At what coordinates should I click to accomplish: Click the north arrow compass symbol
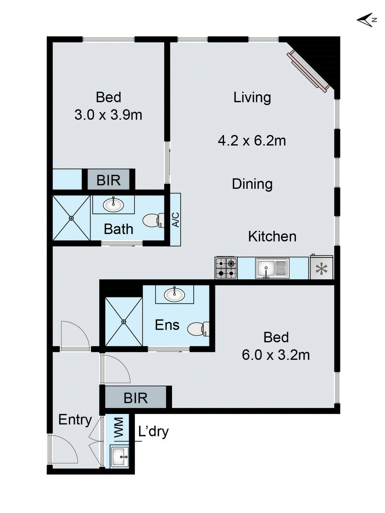367,20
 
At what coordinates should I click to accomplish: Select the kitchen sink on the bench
272,268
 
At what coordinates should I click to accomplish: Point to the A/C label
175,219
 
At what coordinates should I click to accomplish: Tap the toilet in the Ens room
198,329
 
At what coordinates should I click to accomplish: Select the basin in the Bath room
113,205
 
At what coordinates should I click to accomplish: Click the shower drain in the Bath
71,218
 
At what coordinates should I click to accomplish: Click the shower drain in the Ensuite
124,322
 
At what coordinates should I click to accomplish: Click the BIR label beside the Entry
136,398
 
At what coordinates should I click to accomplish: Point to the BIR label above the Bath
108,180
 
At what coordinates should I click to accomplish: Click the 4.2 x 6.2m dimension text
252,141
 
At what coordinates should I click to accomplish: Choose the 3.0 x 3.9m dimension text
108,115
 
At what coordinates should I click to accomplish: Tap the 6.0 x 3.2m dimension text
276,355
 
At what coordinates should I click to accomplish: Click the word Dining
252,184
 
